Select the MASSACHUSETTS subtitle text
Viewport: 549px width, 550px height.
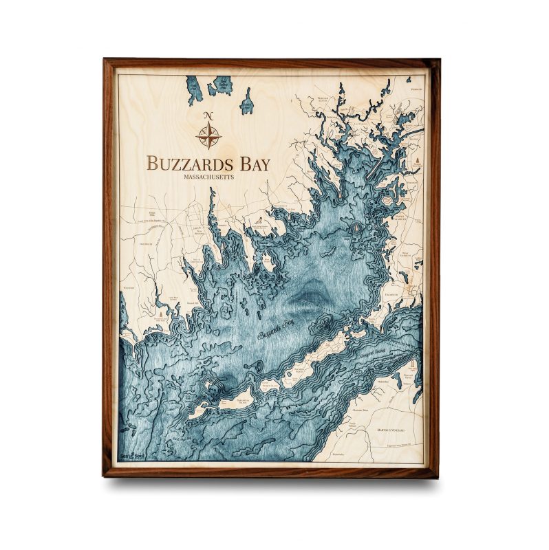(208, 177)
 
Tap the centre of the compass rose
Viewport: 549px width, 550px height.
(208, 135)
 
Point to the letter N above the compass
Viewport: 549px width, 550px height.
(208, 115)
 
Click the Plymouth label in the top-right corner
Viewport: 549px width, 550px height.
(416, 89)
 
